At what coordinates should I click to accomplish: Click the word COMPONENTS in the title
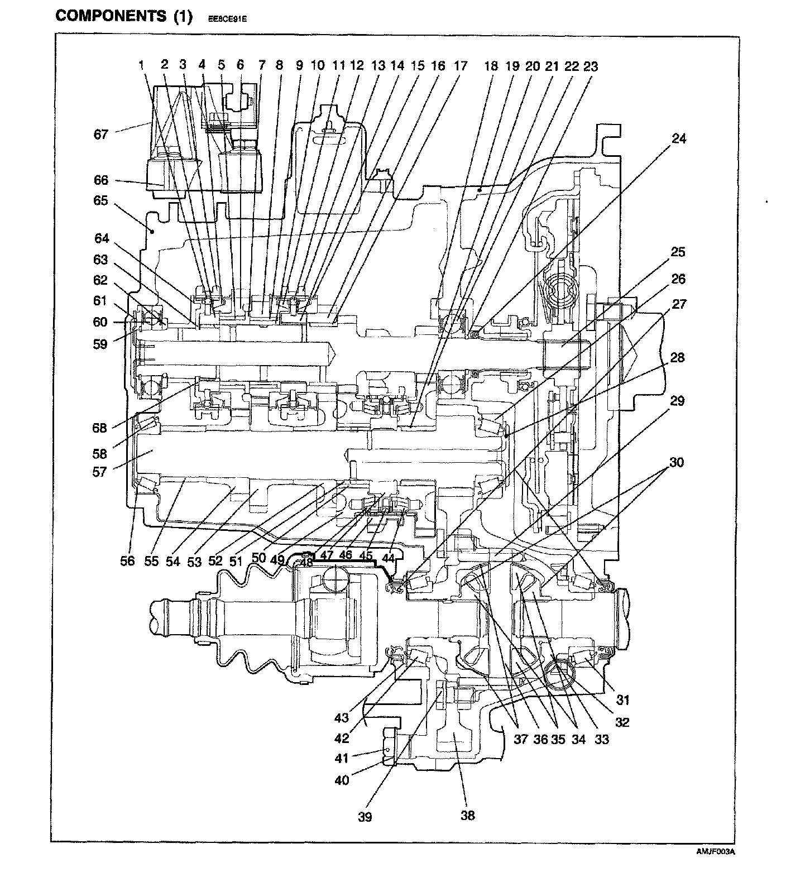pos(110,16)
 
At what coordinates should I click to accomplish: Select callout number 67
pos(100,134)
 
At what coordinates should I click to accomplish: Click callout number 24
pos(679,138)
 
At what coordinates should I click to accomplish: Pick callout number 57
pos(99,472)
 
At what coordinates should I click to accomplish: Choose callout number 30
pos(677,462)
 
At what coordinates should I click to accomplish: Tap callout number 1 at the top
pos(142,65)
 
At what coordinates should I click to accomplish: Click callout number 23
pos(590,66)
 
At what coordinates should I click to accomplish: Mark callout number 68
pos(99,429)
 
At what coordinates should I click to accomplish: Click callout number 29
pos(678,401)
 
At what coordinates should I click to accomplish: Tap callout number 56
pos(127,561)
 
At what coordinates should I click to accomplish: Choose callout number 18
pos(490,66)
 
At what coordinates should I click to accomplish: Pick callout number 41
pos(342,758)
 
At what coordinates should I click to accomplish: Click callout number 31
pos(622,699)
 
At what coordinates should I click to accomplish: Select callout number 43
pos(342,717)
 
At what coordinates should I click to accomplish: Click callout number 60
pos(100,322)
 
